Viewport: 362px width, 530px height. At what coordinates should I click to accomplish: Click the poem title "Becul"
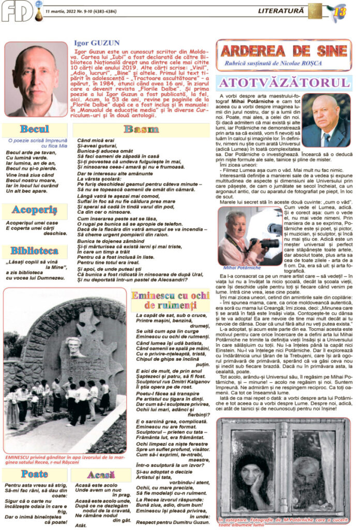pos(35,129)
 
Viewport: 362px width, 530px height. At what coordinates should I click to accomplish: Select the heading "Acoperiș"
pos(35,210)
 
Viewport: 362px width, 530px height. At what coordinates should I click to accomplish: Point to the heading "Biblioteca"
pos(35,251)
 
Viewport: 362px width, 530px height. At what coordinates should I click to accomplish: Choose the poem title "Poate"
pos(35,473)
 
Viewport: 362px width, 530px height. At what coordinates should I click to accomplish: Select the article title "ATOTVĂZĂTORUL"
pos(283,82)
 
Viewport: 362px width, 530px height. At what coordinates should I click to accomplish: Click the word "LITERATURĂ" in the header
pos(283,9)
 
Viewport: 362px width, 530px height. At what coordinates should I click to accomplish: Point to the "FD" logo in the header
pos(17,11)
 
